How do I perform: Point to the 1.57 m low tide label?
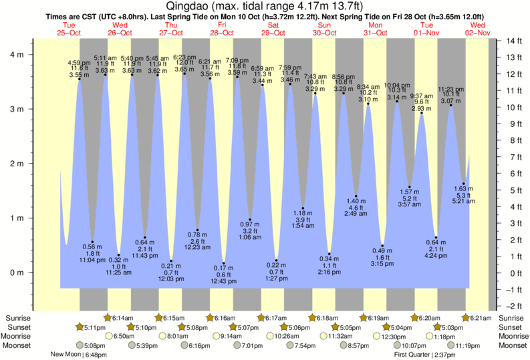[409, 191]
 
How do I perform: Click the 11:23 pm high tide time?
[451, 89]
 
